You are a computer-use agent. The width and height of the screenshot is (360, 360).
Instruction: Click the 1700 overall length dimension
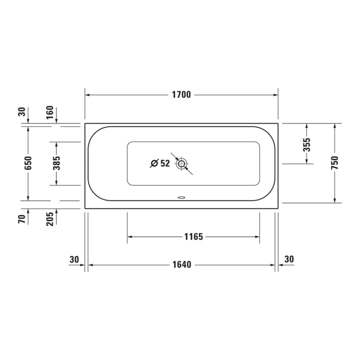[181, 94]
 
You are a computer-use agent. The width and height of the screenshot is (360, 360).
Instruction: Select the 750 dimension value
[334, 163]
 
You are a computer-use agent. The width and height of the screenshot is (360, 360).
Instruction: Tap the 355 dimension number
[306, 144]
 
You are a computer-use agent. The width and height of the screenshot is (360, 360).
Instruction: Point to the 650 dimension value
[28, 163]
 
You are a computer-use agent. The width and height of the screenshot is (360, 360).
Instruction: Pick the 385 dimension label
[56, 163]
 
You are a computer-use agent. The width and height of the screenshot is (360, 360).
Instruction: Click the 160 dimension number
[49, 112]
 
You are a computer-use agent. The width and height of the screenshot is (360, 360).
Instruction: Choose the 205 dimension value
[49, 219]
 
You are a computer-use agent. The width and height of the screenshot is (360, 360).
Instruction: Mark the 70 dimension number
[21, 219]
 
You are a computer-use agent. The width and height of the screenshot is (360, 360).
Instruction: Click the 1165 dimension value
[194, 236]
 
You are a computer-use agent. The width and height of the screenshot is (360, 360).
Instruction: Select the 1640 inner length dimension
[182, 264]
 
